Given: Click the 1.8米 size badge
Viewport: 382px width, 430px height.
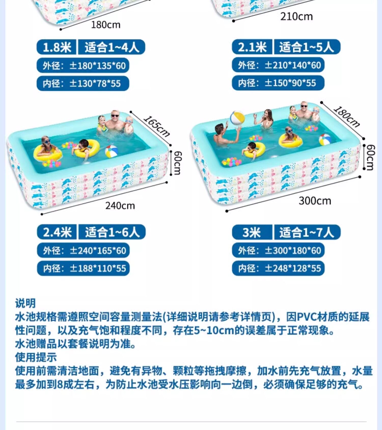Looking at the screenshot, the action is (57, 47).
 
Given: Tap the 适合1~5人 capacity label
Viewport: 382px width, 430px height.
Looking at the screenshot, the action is (307, 47).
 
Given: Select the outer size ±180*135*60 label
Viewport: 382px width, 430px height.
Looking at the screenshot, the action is (83, 66).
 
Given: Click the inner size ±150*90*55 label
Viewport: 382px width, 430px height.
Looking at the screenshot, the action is (278, 83).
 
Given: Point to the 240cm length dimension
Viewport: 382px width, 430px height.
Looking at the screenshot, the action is (120, 205).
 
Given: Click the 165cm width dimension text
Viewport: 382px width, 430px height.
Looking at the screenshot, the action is (156, 126).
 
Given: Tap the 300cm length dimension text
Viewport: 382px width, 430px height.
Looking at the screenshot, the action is (315, 201).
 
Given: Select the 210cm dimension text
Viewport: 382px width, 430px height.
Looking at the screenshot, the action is (296, 17).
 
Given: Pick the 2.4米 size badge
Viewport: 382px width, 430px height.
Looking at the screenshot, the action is (57, 232).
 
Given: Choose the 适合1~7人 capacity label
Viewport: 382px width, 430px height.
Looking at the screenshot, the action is (307, 232).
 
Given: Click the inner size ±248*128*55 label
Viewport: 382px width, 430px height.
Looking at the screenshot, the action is (278, 268).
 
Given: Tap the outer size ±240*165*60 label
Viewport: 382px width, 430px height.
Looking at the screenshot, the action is (83, 250).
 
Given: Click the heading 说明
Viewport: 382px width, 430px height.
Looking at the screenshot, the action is (25, 303).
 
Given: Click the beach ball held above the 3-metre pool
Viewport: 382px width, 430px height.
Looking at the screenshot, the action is (237, 118).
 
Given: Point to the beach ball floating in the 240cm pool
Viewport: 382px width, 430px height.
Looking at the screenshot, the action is (111, 151).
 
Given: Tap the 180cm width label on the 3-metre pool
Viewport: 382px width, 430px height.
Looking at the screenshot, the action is (347, 116).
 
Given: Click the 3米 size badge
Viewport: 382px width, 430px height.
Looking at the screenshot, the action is (252, 232).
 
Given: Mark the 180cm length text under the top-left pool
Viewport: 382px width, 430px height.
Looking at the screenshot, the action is (106, 25).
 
